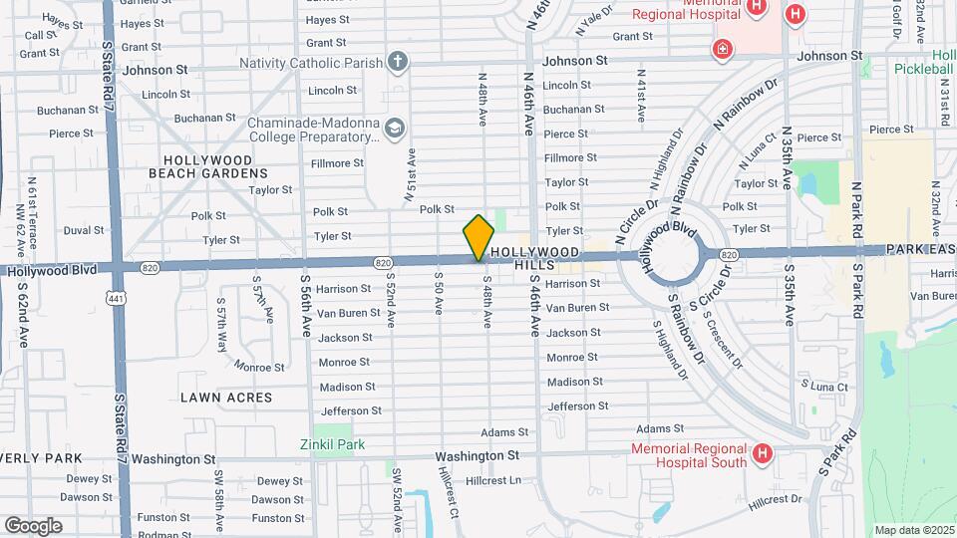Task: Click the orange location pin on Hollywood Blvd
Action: (478, 238)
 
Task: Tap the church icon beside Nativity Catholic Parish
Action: (398, 63)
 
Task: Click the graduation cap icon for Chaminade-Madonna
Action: (395, 129)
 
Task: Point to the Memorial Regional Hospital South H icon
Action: (763, 454)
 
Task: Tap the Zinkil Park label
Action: (333, 444)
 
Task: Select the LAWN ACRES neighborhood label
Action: (226, 397)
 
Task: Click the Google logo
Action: (33, 525)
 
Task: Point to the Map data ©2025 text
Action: (913, 530)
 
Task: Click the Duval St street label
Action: (84, 230)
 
